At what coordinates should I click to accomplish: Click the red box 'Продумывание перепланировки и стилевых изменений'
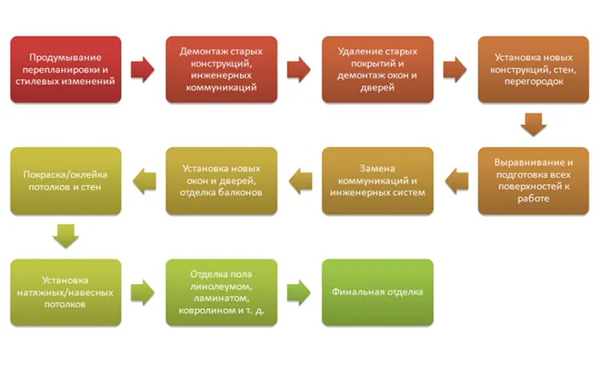pos(66,70)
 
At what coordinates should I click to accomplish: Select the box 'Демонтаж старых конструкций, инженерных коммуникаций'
pos(221,70)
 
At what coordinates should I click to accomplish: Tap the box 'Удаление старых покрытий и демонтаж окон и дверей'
pos(378,70)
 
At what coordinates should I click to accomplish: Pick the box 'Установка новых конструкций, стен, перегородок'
pos(534,70)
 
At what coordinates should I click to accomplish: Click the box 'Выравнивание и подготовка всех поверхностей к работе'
pos(534,181)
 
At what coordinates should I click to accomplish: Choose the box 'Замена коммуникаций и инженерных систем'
pos(378,181)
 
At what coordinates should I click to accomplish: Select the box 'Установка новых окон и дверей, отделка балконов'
pos(221,181)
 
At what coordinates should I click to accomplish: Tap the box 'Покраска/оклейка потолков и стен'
pos(66,181)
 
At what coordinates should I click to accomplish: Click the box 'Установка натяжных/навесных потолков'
pos(66,292)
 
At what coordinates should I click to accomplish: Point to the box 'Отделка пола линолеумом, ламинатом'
pos(221,292)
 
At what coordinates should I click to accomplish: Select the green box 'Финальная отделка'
pos(378,292)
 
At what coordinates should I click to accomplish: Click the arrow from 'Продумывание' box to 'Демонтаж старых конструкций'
pos(142,70)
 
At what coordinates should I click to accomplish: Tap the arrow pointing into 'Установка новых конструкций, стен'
pos(455,70)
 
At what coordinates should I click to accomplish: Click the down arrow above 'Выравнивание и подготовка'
pos(534,125)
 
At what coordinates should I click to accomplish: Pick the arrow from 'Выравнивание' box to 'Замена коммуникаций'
pos(457,181)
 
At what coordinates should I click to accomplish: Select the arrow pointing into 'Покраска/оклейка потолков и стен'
pos(144,181)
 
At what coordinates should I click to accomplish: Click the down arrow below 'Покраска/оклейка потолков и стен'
pos(66,236)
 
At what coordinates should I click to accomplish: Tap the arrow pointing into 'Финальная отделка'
pos(299,292)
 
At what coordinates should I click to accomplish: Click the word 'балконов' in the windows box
pos(242,192)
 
